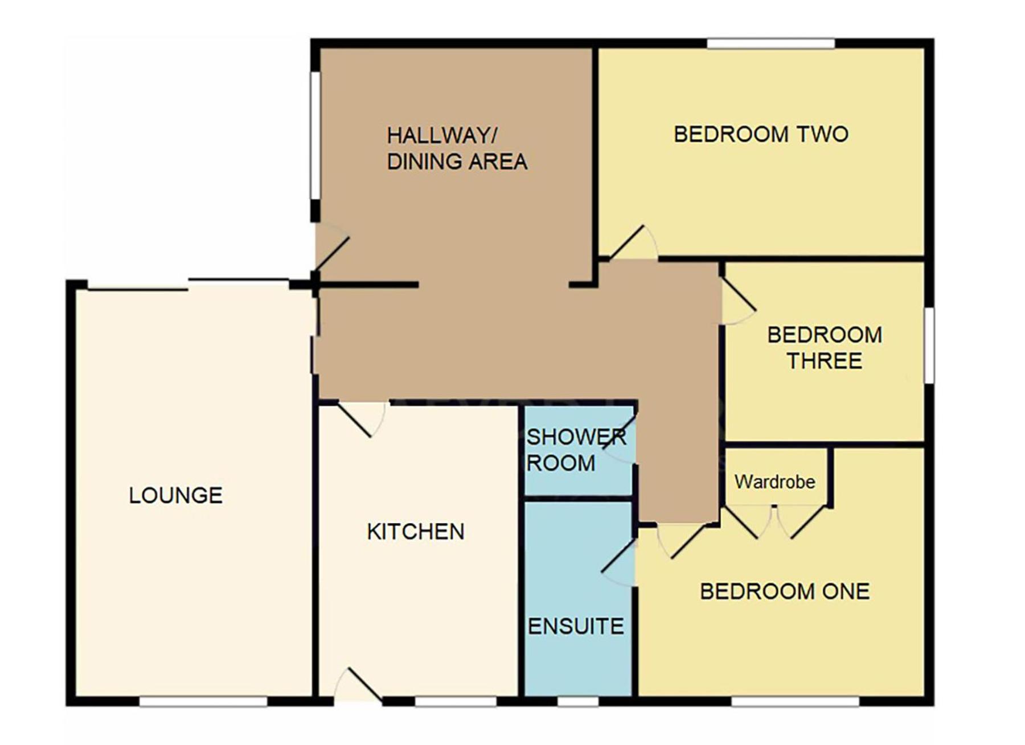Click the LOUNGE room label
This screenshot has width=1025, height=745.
coord(175,495)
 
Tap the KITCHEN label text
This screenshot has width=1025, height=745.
coord(416,532)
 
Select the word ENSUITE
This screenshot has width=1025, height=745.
coord(576,626)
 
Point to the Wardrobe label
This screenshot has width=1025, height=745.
coord(774,482)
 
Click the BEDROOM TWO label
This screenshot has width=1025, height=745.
coord(761,134)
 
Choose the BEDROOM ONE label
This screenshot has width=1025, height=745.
coord(785,592)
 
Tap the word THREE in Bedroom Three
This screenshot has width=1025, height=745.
coord(825,361)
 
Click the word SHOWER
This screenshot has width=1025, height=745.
coord(576,437)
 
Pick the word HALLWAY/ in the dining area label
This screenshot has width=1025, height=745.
coord(442,135)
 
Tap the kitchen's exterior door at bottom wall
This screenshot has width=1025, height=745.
coord(358,685)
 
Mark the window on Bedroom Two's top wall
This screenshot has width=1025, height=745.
coord(771,43)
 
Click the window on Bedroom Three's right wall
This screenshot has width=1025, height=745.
coord(929,345)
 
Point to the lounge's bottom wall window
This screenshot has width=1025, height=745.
coord(203,701)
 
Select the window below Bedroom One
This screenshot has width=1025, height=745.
coord(795,701)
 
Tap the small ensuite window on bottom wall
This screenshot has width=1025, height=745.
coord(577,701)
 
